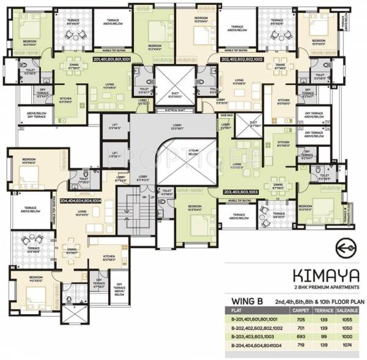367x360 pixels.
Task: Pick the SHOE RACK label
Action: pos(226,114)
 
